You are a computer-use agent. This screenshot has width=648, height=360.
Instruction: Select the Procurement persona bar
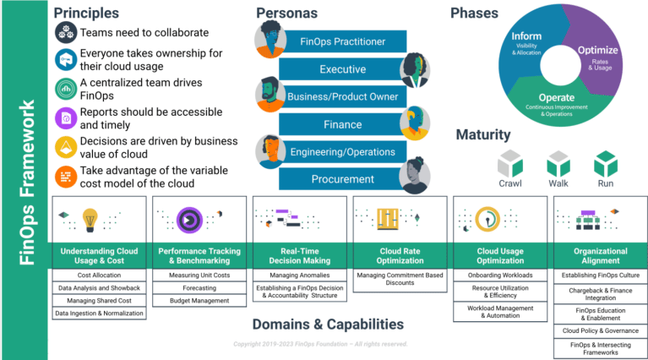click(342, 179)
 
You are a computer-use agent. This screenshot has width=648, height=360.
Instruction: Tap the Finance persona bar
click(342, 124)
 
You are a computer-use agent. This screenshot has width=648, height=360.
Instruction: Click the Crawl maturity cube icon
click(509, 163)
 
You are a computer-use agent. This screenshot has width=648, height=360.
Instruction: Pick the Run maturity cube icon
click(606, 163)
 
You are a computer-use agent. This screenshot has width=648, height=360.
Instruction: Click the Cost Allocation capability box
click(98, 275)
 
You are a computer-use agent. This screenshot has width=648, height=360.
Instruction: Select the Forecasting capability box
click(199, 287)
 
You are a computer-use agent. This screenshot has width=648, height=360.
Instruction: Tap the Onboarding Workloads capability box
click(500, 275)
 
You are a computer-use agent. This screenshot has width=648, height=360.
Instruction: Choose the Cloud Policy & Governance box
click(600, 330)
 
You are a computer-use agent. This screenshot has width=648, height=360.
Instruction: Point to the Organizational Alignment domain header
click(600, 255)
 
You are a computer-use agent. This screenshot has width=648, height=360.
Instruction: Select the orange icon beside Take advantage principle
click(66, 177)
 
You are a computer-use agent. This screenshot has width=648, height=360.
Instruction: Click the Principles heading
click(87, 13)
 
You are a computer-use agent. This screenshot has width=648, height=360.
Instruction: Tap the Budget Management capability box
click(199, 300)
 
